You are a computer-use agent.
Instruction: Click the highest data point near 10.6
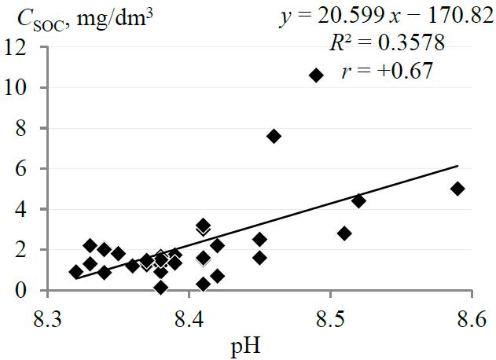coord(316,75)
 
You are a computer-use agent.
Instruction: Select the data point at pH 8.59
coord(457,189)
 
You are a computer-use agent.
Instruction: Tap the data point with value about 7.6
coord(274,136)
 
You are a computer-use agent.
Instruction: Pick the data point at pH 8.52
coord(358,200)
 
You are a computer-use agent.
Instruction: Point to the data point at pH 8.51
coord(344,233)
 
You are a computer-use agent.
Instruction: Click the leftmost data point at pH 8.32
coord(76,272)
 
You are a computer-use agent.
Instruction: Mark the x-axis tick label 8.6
coord(471,320)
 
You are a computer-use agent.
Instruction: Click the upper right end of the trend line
coord(457,166)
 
